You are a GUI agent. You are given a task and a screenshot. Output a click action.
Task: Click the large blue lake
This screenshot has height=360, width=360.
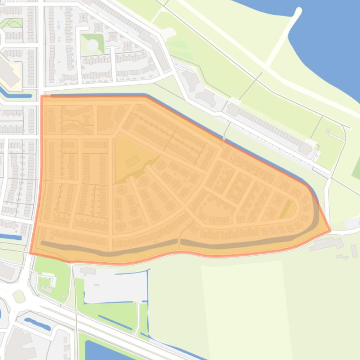point(327,42)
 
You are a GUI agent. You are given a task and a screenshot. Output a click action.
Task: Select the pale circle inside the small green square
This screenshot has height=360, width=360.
point(93,44)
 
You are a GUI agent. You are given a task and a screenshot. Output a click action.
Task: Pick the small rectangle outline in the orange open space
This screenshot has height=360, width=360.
point(132,161)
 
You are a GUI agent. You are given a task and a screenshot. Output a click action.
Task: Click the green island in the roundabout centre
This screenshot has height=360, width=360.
point(18,296)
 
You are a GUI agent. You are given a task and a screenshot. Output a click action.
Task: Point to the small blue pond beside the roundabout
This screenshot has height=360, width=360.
point(37,323)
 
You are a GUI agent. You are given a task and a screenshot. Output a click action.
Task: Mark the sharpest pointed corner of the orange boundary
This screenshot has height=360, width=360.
point(330,230)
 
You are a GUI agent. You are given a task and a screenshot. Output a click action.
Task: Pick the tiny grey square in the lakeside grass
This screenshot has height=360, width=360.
point(328,131)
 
